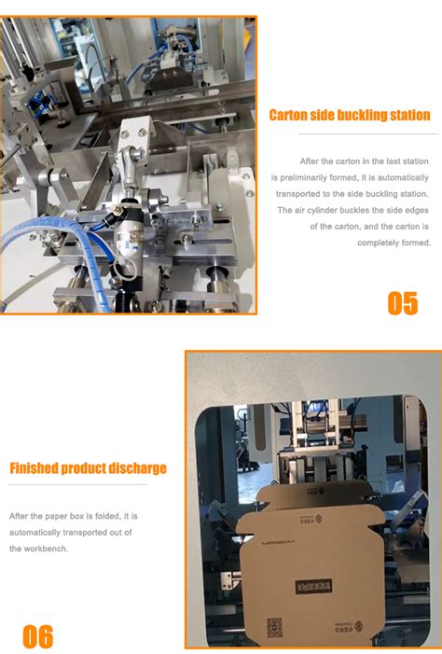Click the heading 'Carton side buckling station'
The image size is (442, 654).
pyautogui.click(x=350, y=116)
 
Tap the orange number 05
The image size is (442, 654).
pyautogui.click(x=403, y=303)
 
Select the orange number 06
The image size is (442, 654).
pyautogui.click(x=38, y=636)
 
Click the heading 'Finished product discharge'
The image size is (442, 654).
pyautogui.click(x=89, y=468)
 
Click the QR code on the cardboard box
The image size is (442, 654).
pyautogui.click(x=275, y=627)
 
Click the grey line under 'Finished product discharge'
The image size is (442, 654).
pyautogui.click(x=78, y=484)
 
